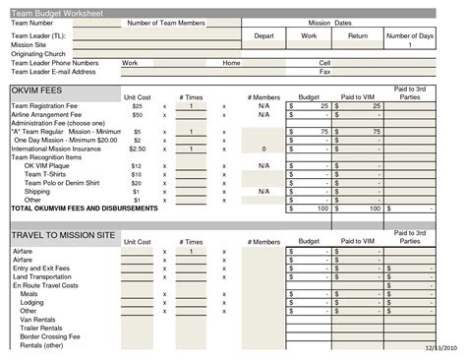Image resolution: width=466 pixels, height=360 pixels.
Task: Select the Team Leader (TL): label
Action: pos(38,34)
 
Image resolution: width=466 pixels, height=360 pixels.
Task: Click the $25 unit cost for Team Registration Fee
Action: pos(138,105)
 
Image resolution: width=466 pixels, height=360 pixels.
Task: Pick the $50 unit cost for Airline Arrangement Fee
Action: pos(138,114)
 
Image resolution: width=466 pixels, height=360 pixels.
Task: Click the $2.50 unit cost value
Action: pos(138,149)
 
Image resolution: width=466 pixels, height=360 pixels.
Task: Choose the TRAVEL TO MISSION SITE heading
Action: pos(63,236)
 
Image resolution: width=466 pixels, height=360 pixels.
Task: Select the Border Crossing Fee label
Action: pos(52,336)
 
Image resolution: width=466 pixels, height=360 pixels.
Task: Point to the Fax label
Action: pos(324,71)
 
